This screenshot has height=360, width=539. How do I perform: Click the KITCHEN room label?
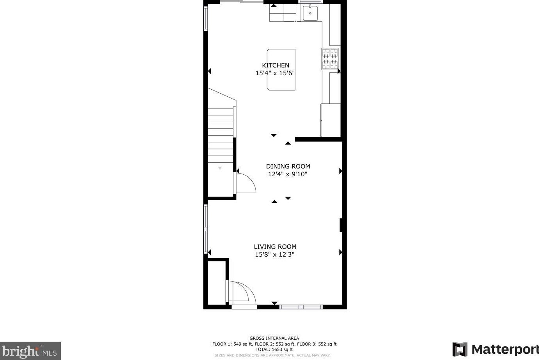(x=275, y=65)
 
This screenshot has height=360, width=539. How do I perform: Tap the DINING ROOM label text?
(x=288, y=166)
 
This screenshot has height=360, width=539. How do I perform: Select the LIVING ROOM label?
(x=275, y=247)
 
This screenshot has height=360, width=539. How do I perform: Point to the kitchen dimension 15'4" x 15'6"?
(x=275, y=73)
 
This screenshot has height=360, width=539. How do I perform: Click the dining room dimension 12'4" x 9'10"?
(x=288, y=174)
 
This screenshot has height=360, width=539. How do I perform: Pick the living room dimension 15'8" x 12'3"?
(x=274, y=255)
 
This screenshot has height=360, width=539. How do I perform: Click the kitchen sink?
(x=310, y=14)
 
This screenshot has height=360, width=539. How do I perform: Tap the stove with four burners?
(x=330, y=59)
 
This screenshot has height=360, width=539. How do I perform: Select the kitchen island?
(x=281, y=69)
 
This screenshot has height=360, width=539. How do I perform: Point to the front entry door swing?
(x=242, y=293)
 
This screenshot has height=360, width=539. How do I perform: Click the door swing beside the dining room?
(x=245, y=183)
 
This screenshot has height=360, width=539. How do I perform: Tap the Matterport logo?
(x=495, y=349)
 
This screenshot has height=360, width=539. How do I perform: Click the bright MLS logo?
(x=30, y=351)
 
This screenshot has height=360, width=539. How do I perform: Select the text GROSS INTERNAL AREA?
(x=274, y=338)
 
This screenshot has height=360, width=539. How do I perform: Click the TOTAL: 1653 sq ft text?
(x=274, y=349)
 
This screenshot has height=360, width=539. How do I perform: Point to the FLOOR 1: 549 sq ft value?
(x=232, y=344)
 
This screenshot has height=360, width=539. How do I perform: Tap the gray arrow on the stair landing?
(x=220, y=168)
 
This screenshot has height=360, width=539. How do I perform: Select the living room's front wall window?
(x=301, y=307)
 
